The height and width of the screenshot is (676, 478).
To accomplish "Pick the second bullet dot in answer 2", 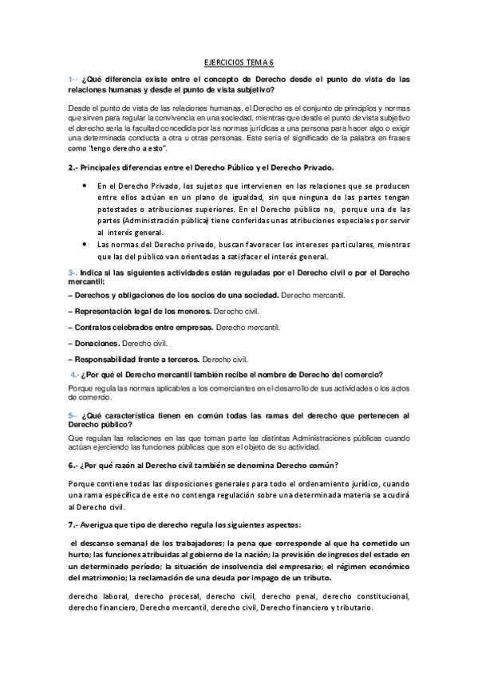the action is pyautogui.click(x=85, y=245).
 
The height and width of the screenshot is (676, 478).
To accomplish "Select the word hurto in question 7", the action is pyautogui.click(x=79, y=555).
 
